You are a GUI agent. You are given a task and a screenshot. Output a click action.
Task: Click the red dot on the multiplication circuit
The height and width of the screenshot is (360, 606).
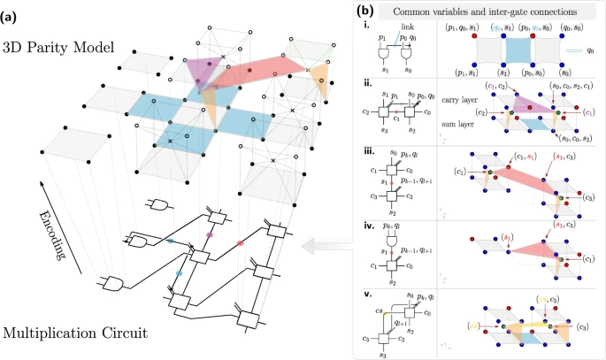point(240,242)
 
